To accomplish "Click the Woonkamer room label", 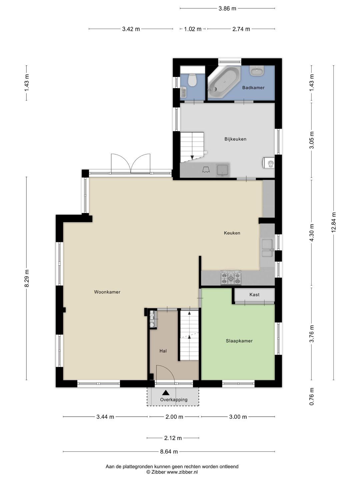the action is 107,292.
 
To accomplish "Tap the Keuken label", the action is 232,233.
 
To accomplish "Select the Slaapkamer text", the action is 239,341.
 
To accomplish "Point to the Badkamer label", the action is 253,88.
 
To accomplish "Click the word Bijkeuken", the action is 235,139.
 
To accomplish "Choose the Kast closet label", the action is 254,295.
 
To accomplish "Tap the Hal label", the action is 163,351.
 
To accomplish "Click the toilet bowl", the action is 192,80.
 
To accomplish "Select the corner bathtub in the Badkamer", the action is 224,82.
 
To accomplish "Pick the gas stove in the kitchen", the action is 231,278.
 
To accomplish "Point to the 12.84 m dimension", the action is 334,223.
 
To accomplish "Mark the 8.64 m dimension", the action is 169,451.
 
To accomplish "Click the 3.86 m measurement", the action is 227,9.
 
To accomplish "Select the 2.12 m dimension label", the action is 173,438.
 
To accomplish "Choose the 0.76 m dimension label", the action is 312,396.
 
